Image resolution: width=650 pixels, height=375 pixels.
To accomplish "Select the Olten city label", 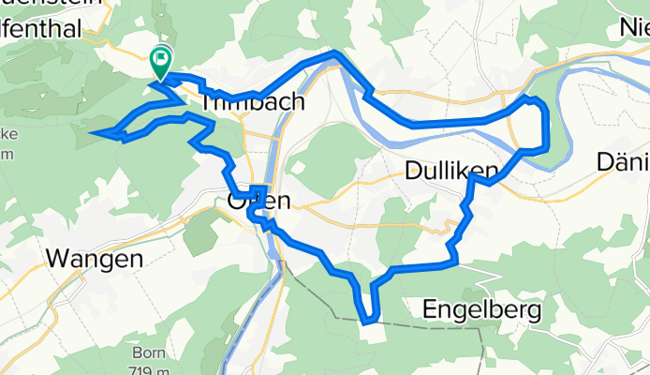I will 259,201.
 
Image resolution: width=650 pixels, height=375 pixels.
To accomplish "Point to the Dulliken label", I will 451,170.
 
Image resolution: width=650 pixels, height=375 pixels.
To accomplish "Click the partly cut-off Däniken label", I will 623,162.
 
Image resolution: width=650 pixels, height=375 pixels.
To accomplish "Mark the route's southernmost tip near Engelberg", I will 370,322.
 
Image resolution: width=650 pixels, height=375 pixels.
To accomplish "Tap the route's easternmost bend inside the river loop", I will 546,117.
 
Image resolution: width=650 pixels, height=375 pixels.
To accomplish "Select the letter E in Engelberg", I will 430,307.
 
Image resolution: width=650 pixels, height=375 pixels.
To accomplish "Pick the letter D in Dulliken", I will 414,170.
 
